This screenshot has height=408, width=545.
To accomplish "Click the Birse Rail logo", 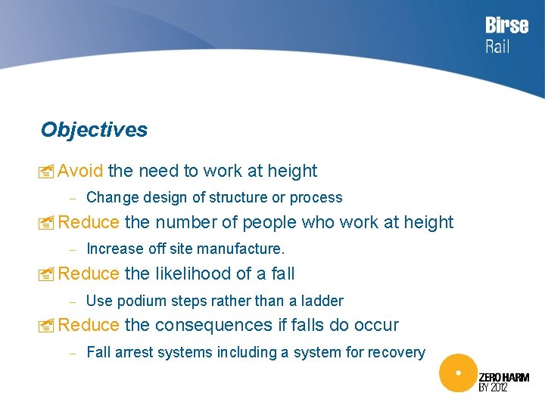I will (506, 35).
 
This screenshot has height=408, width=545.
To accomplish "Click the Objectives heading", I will (94, 130).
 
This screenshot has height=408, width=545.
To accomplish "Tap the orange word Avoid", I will (80, 172).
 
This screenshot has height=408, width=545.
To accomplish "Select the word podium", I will (139, 301).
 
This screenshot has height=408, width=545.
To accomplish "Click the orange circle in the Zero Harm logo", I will (457, 373).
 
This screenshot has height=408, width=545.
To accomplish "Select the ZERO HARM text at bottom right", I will (503, 377).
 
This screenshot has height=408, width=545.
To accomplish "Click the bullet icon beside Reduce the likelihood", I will (47, 274).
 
